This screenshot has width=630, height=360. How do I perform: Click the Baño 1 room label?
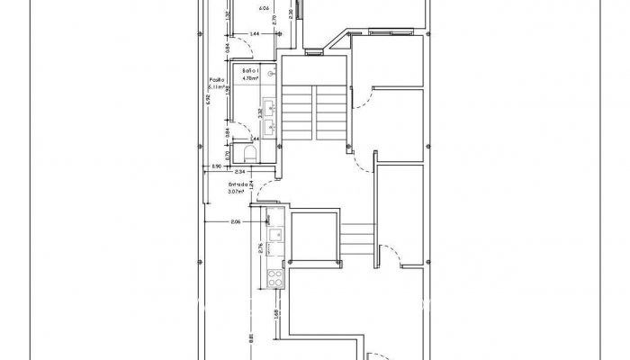(250, 70)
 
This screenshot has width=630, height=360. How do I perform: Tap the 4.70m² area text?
(250, 78)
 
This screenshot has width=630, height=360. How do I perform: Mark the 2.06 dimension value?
(236, 221)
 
